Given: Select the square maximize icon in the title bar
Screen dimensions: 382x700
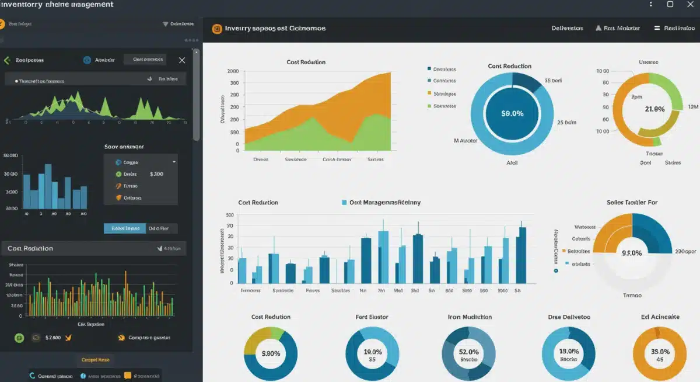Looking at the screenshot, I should pos(670,5).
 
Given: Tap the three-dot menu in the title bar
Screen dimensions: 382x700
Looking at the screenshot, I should pos(651,5).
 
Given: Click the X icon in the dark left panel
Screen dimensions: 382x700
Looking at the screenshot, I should pos(182,60).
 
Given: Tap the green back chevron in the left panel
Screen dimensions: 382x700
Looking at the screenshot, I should pos(7,60).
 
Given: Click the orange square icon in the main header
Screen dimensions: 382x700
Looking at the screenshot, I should pos(217,28).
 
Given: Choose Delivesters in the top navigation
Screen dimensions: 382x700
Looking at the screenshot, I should pos(567,28).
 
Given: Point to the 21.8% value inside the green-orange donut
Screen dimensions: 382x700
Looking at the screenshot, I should pos(654,109).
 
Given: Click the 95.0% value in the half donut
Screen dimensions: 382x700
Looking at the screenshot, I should pos(632,253).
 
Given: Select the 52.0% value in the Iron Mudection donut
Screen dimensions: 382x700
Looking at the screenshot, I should pos(469,352).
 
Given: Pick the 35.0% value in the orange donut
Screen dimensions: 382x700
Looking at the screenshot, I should pos(660,352).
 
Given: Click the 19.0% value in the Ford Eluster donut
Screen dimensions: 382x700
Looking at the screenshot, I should pos(372,352).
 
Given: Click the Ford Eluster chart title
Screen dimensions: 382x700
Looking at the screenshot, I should pos(372,317).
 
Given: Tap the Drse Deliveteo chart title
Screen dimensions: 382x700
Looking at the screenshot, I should pos(569,317).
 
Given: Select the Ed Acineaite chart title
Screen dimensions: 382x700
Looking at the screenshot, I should pos(660,317).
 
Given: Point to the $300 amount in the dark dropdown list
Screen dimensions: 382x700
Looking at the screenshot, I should pos(156,174).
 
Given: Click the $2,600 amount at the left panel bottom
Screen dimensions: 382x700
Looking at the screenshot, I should pos(53,337).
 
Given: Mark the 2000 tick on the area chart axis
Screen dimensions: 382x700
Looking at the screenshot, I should pos(233,71).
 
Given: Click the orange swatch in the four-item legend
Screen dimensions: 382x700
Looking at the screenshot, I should pos(429,93).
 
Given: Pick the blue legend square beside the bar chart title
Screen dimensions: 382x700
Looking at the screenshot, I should pos(344,203).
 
